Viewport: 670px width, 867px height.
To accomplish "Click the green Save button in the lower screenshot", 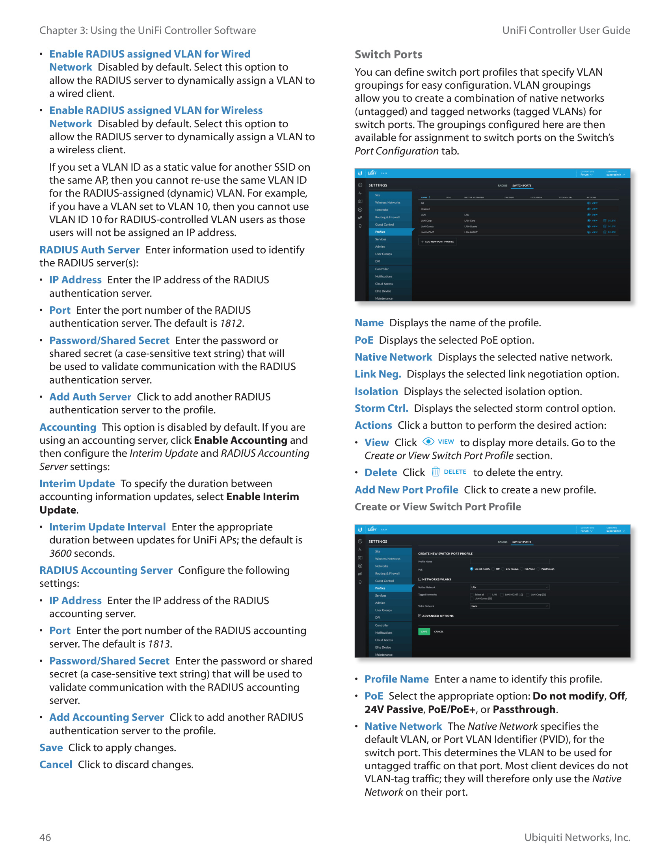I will coord(424,631).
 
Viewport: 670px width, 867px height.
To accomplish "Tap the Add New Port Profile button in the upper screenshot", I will coord(437,241).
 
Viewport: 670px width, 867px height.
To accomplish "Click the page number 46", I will coord(45,837).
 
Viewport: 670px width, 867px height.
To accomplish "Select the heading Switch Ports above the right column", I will coord(388,54).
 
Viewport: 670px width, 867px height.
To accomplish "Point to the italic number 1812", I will coord(231,323).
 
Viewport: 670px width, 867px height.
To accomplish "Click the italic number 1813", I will coord(159,644).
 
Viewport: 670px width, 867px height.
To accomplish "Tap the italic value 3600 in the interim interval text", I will coord(60,553).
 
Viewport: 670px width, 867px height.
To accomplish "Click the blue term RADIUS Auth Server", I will coord(89,250).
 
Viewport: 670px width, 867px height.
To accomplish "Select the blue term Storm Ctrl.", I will coord(381,408).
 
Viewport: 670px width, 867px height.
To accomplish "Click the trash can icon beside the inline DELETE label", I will coord(435,472).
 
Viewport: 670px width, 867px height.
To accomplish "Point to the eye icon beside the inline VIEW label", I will coord(428,441).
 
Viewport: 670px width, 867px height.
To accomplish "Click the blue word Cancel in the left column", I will coord(56,765).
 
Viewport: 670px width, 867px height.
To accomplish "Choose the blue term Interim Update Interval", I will coord(107,527).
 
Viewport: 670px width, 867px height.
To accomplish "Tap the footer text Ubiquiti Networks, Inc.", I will coord(577,837).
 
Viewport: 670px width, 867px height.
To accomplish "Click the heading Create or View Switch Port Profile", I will coord(437,506).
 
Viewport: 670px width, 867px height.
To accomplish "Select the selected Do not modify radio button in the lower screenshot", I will coord(471,569).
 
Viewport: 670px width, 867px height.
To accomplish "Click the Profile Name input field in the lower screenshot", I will coord(510,561).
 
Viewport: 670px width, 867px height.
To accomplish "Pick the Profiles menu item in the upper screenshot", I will coord(380,232).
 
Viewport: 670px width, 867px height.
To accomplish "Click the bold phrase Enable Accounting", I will coord(240,440).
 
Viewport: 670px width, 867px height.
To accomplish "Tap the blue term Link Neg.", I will coord(378,374).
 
